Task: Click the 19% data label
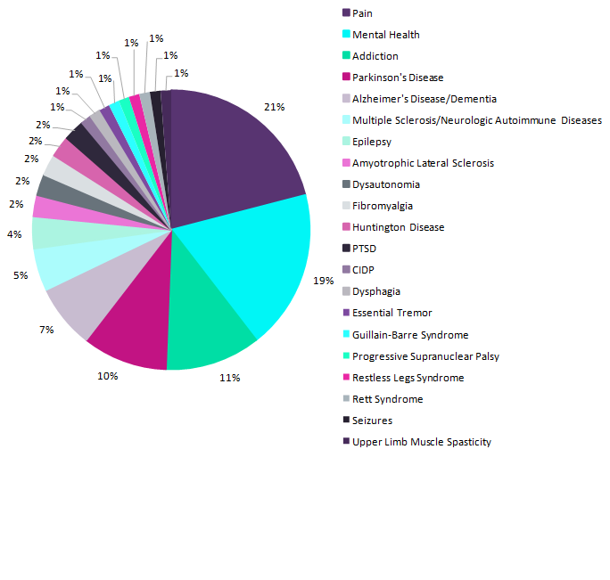324,281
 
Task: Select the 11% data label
230,378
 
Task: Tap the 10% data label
108,376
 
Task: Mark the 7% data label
46,330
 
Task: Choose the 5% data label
20,275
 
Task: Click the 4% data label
15,234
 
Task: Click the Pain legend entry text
362,13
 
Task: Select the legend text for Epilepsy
371,142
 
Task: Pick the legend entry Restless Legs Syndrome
408,378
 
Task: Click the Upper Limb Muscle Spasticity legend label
421,442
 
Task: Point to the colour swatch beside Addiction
345,56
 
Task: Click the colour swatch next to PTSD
345,249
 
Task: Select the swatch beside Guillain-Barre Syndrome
345,334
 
